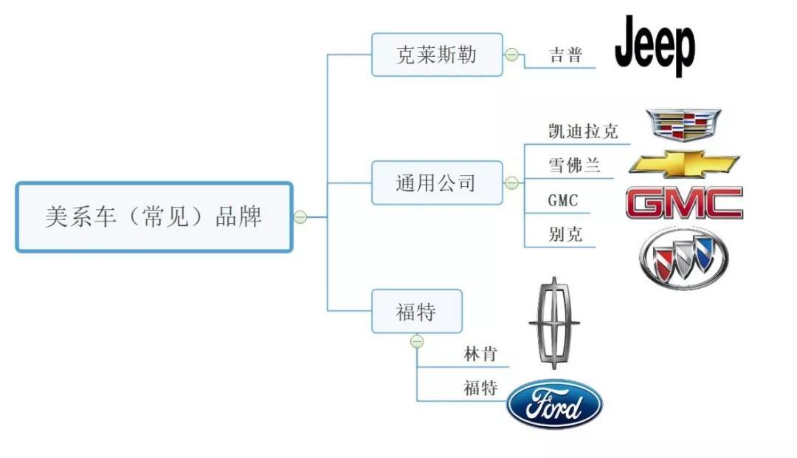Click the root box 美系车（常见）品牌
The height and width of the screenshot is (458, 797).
coord(154,217)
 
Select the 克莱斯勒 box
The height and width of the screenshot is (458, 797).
coord(437,55)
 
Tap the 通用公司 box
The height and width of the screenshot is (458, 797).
coord(437,182)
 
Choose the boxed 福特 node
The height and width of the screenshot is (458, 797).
coord(417,312)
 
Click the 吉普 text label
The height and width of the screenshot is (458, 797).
coord(566,55)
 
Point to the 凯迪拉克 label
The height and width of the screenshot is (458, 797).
coord(583,131)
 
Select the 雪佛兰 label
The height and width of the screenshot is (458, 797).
coord(574,165)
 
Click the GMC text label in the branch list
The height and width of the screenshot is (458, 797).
coord(563,200)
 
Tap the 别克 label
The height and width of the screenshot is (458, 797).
coord(565,235)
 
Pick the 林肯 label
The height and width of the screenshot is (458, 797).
coord(480,354)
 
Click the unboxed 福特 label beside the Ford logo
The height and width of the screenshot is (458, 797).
coord(480,389)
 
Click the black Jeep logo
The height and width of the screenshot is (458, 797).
coord(655,46)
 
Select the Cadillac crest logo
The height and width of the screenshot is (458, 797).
coord(683,125)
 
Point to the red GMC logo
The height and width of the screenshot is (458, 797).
coord(684,203)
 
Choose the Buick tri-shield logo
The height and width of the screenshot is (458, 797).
coord(683,258)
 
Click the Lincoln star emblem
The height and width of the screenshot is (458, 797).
coord(554,323)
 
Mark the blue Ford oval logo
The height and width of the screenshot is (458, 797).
coord(554,404)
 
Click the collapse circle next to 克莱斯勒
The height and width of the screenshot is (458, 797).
coord(511,55)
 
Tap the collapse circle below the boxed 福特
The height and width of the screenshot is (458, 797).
coord(417,341)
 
